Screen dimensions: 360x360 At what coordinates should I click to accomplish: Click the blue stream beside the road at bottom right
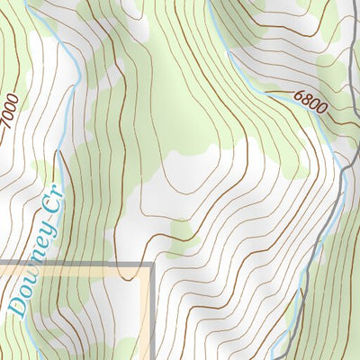point(286,333)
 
